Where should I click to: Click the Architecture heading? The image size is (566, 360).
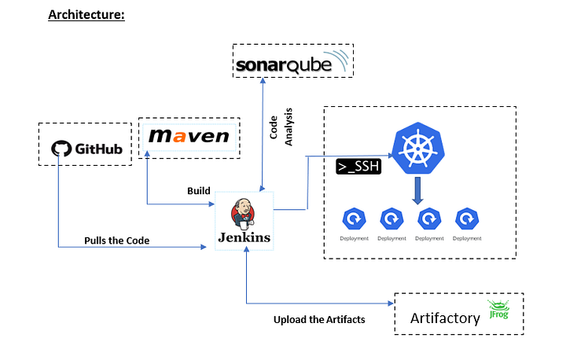click(x=86, y=14)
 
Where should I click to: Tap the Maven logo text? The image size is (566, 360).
click(x=189, y=137)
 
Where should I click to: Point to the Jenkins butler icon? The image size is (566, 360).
click(x=244, y=213)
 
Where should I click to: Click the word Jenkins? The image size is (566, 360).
click(x=244, y=237)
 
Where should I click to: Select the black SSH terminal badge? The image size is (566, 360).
click(x=358, y=167)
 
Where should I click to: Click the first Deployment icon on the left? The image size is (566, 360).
click(x=355, y=218)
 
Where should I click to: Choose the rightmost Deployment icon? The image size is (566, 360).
click(x=468, y=218)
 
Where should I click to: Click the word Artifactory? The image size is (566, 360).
click(x=445, y=318)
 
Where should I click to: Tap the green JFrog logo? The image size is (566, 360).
click(x=498, y=310)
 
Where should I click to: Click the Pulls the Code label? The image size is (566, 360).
click(x=116, y=240)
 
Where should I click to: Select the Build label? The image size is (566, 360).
click(x=198, y=191)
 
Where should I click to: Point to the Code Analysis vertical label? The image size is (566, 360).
click(x=281, y=126)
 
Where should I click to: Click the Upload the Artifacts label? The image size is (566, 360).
click(x=319, y=320)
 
